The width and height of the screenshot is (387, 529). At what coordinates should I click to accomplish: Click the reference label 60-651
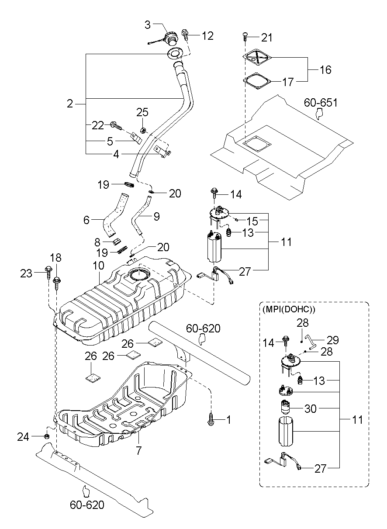[321, 103]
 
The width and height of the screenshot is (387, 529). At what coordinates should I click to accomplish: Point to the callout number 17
[287, 82]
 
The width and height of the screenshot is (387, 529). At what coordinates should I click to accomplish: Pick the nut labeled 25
[143, 130]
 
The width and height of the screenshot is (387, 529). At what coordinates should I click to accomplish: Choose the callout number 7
[138, 451]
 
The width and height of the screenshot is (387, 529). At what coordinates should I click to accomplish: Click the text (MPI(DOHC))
[289, 309]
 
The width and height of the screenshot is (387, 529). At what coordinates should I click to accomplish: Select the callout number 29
[333, 340]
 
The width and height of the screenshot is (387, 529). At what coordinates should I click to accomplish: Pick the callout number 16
[325, 69]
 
